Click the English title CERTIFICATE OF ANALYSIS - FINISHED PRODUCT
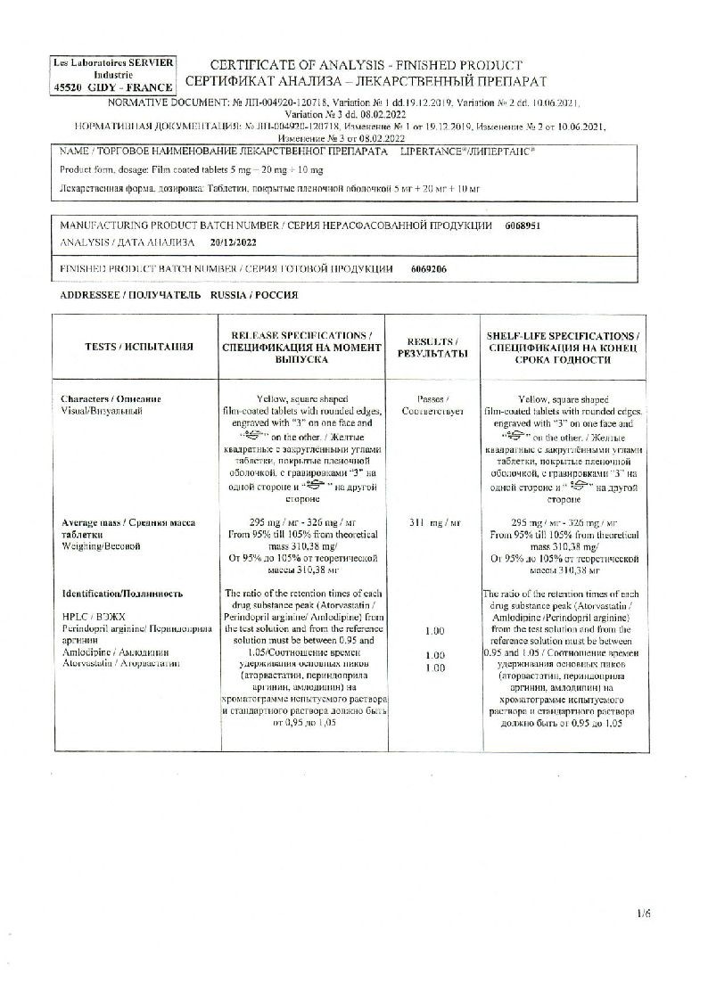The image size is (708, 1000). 365,66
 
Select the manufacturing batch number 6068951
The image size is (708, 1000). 523,226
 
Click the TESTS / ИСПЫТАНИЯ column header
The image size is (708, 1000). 139,347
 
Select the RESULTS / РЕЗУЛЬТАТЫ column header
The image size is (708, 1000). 432,348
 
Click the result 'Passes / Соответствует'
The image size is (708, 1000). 432,406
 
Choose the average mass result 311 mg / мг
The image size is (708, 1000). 433,522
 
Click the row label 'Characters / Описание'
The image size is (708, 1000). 111,398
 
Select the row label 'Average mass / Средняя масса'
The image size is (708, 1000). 128,522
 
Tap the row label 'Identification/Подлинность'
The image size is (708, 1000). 122,593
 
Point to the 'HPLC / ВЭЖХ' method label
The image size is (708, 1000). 86,617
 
